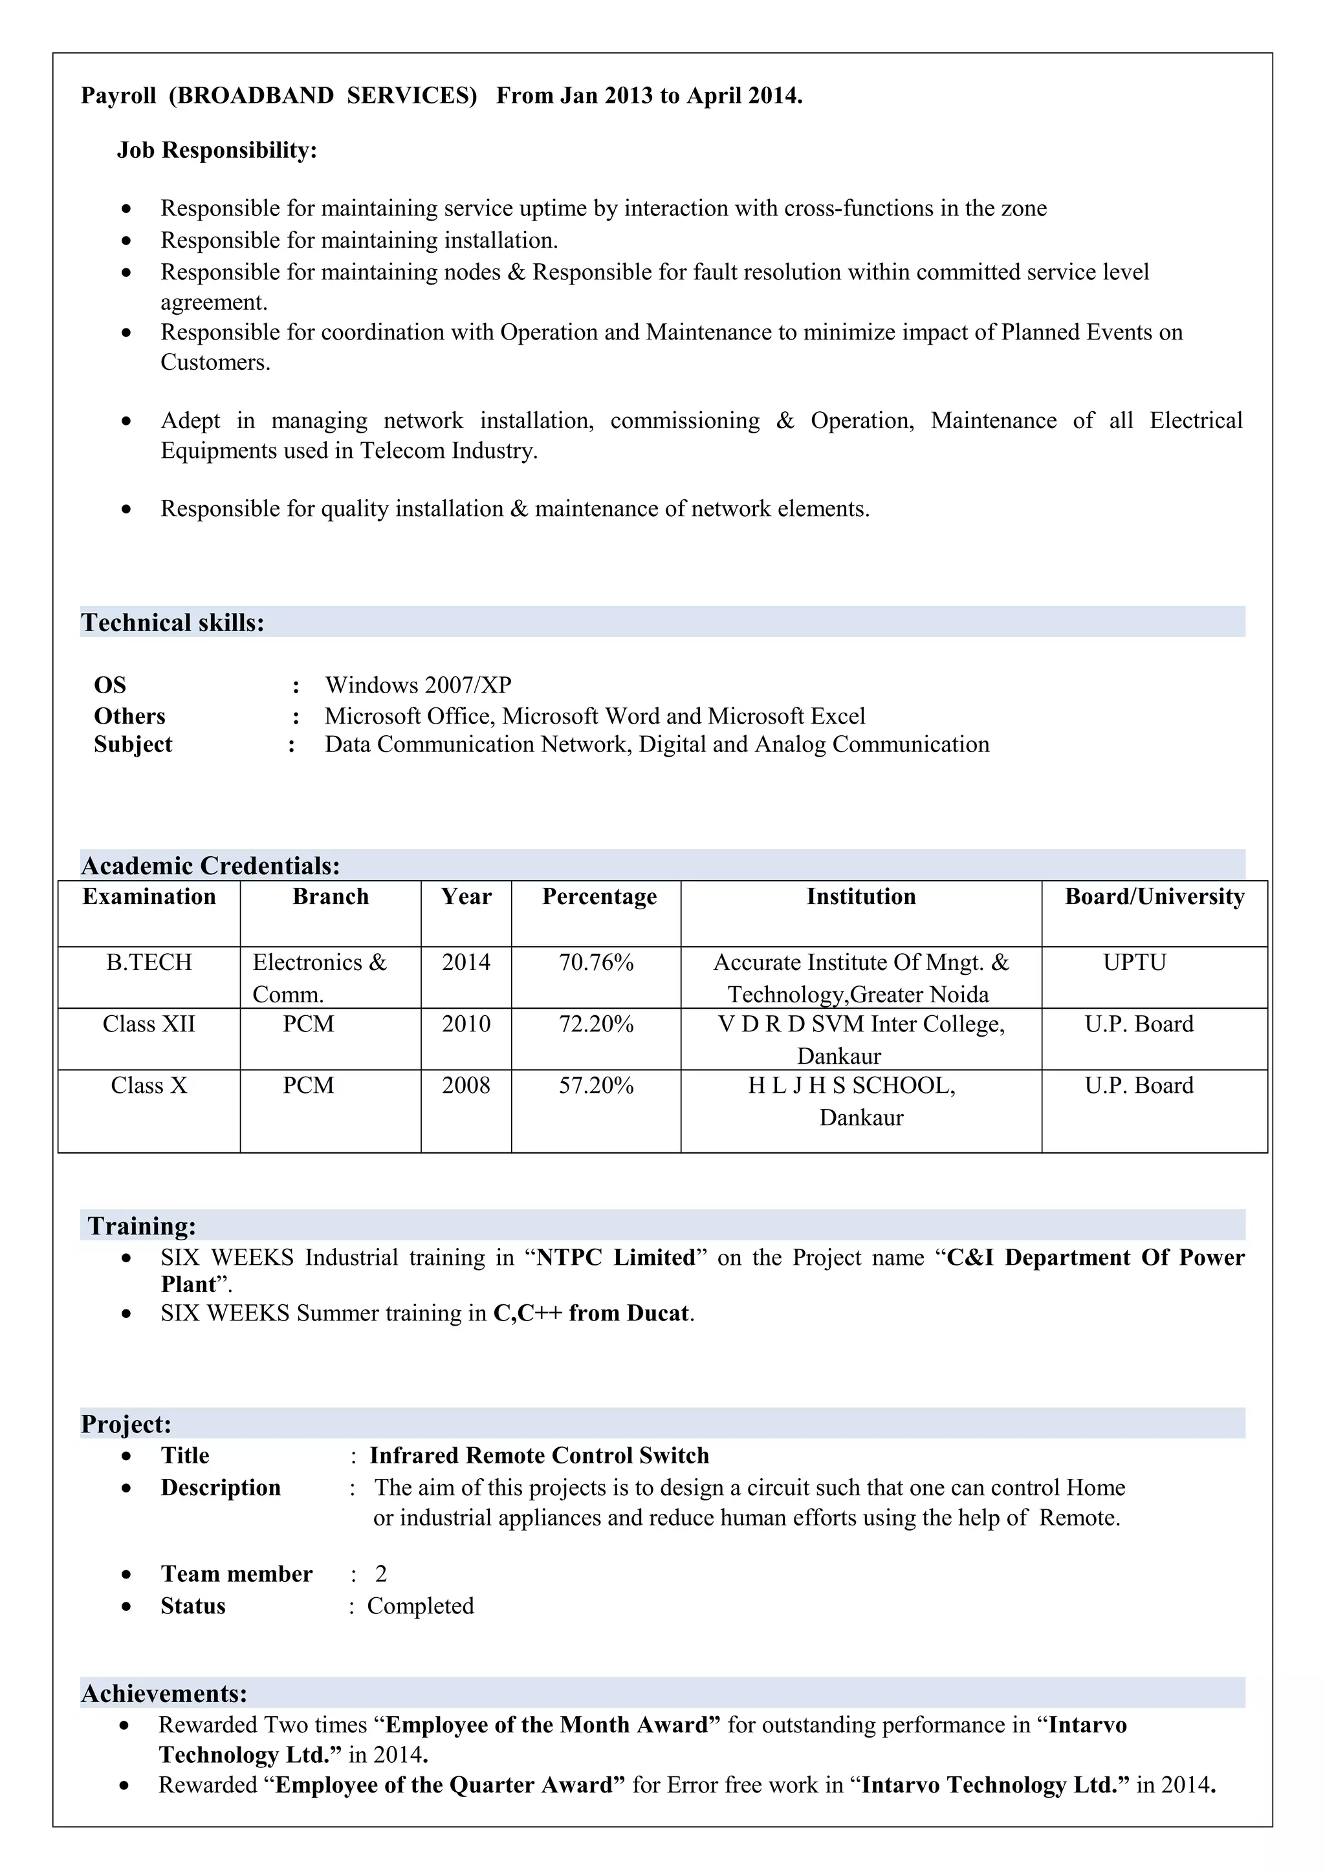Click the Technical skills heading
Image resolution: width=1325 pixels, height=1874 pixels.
coord(172,623)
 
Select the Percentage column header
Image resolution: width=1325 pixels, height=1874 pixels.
coord(599,896)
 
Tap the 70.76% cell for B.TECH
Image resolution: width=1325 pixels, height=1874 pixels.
coord(596,962)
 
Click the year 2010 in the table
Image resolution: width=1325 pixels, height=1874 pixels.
coord(466,1024)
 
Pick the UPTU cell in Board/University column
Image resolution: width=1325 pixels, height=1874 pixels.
coord(1135,962)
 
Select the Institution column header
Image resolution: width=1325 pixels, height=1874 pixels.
coord(861,896)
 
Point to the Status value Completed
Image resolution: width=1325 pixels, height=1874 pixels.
coord(421,1606)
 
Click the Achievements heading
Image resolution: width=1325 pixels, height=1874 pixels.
coord(164,1694)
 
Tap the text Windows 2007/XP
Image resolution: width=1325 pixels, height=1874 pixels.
coord(418,685)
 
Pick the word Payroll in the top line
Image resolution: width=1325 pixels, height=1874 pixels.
coord(118,96)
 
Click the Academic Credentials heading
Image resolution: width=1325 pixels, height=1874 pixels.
coord(211,865)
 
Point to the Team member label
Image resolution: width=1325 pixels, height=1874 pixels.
coord(237,1574)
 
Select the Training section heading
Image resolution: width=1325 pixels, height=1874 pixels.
coord(142,1226)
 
